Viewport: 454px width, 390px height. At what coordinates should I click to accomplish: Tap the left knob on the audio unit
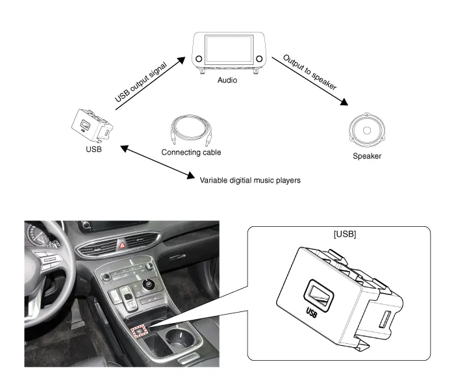tap(199, 60)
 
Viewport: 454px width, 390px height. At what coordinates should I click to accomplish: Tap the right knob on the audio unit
tap(259, 59)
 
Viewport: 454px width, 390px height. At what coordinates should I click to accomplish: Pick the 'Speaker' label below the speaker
tap(367, 157)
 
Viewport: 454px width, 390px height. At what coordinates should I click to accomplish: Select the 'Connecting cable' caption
tap(191, 153)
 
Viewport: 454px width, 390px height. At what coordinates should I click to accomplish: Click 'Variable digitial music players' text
tap(250, 179)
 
